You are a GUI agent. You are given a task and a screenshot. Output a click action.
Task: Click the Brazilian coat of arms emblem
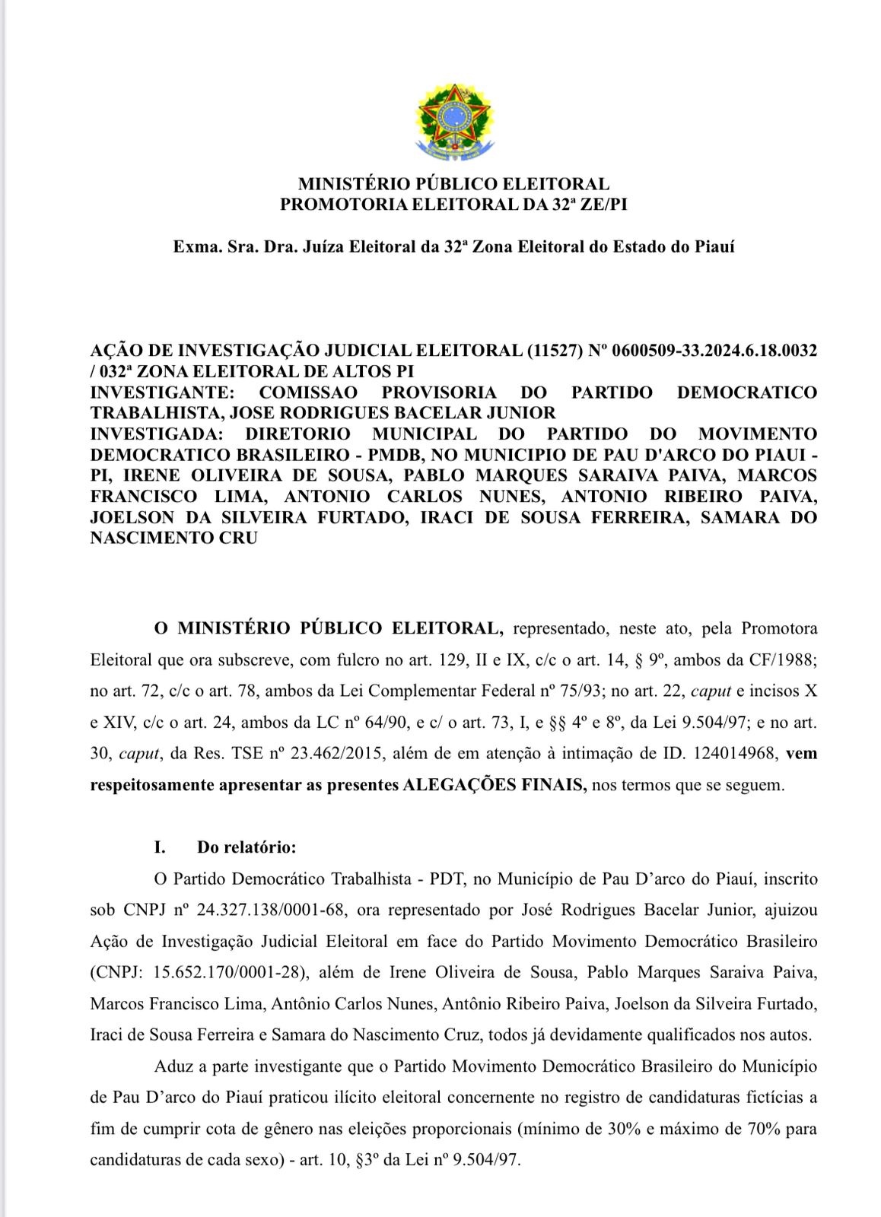[x=454, y=118]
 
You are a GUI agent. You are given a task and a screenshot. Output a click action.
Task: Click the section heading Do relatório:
[x=246, y=847]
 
